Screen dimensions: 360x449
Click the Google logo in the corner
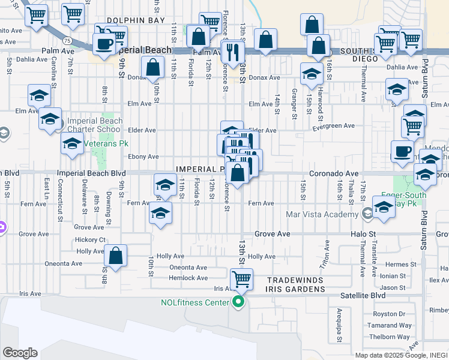[x=20, y=353]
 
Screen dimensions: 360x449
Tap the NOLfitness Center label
[x=194, y=302]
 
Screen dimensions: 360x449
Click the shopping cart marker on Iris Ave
[x=241, y=278]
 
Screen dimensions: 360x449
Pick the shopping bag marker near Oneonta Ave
[x=116, y=256]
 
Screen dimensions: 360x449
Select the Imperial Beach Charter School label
[x=95, y=125]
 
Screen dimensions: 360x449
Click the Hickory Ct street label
[x=91, y=240]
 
